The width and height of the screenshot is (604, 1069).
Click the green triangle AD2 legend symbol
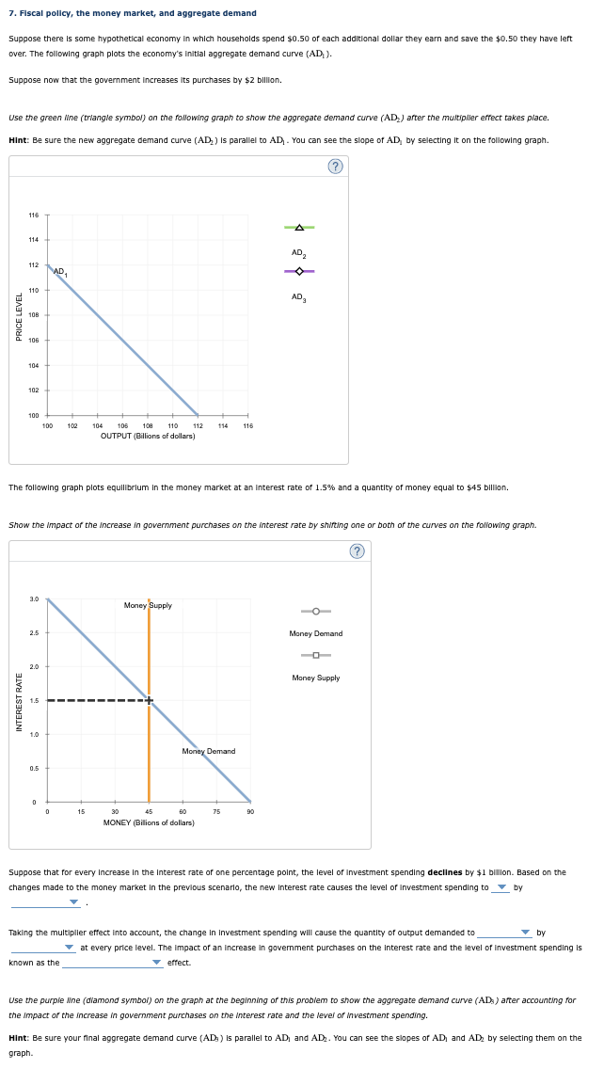tap(299, 228)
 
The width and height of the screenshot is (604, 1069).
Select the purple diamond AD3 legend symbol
tap(299, 272)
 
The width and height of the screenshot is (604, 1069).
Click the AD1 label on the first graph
tap(59, 271)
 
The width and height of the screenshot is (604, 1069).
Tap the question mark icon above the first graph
tap(336, 167)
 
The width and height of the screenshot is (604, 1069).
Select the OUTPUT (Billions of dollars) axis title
tap(148, 437)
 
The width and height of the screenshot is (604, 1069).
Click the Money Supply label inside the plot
tap(148, 605)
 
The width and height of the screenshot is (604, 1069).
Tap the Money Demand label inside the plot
tap(208, 751)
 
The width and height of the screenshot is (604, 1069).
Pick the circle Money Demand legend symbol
tap(316, 611)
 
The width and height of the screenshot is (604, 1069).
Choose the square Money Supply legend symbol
tap(316, 655)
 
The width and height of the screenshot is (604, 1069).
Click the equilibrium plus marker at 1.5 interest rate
tap(149, 699)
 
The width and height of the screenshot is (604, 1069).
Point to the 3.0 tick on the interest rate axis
tap(34, 598)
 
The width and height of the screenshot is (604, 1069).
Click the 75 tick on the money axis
tap(216, 812)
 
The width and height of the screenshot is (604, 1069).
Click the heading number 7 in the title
tap(11, 13)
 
